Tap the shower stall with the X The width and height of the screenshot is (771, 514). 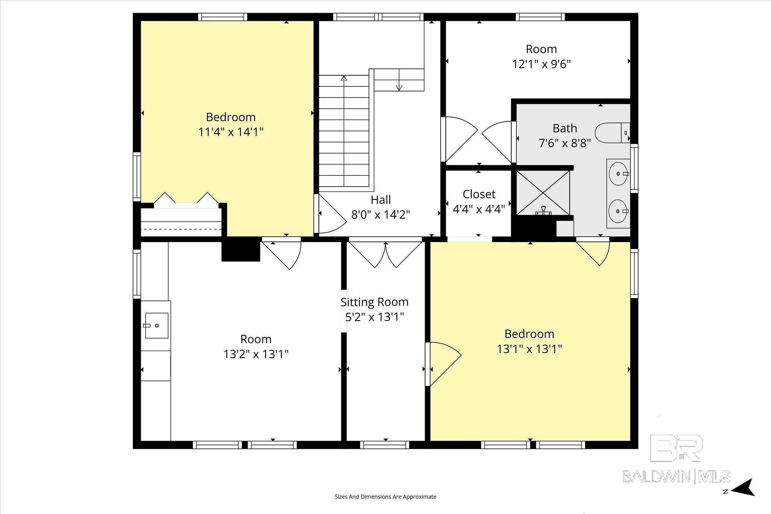pos(543,193)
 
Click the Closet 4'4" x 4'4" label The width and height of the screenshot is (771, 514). pos(479,202)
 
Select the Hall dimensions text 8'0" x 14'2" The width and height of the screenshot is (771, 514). pos(381,214)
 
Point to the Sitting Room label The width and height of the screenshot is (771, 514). pos(375,302)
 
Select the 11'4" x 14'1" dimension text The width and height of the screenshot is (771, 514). pos(231,132)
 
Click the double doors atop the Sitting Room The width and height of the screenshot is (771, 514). pos(385,254)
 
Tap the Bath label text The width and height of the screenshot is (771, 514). pos(565,128)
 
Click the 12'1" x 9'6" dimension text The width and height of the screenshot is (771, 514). pos(541,64)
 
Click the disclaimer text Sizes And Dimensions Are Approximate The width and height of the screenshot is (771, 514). pos(385,497)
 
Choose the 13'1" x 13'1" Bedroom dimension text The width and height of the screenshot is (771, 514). pos(529,349)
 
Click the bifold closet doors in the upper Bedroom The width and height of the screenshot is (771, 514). pos(186,199)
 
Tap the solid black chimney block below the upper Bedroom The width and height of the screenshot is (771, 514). pos(241,249)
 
